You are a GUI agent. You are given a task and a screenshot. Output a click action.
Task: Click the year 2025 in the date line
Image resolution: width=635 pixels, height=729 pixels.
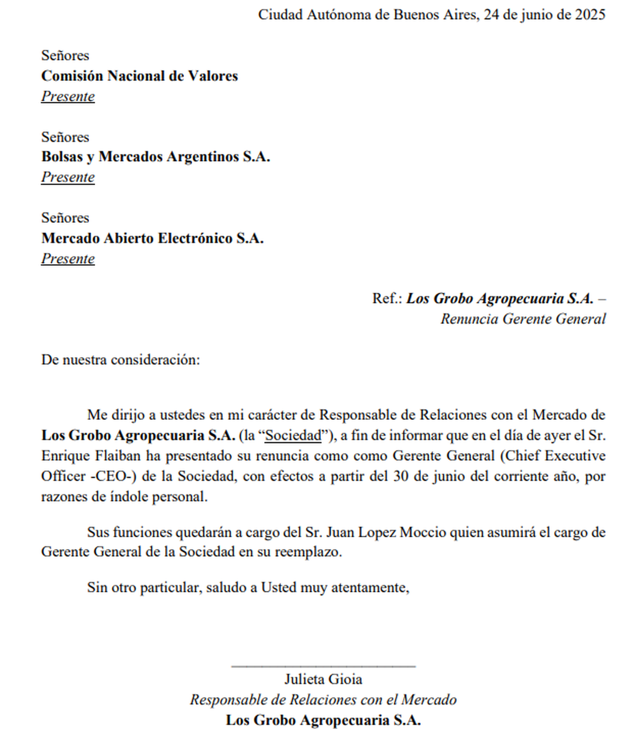click(590, 14)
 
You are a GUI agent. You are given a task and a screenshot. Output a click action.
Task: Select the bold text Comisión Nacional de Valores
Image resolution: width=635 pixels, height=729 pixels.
click(140, 76)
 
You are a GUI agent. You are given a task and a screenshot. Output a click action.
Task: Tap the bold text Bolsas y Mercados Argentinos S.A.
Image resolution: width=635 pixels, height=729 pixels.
click(156, 157)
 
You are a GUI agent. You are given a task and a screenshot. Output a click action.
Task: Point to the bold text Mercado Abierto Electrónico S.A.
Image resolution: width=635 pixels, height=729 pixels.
click(152, 238)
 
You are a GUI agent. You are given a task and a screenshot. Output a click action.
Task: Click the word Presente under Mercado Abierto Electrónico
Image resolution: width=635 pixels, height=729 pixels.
click(68, 258)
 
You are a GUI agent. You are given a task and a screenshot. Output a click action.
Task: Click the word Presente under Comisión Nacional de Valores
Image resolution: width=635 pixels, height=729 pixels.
click(68, 96)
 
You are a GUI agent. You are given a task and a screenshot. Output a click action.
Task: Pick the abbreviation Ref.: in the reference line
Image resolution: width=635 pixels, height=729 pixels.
click(387, 299)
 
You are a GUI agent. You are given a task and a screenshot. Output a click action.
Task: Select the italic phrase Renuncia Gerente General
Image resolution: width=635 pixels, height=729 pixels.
click(523, 319)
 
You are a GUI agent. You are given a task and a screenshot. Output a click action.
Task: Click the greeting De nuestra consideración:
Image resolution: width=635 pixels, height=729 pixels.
click(121, 360)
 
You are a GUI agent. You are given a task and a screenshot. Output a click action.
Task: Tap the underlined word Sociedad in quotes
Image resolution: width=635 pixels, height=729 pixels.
click(293, 436)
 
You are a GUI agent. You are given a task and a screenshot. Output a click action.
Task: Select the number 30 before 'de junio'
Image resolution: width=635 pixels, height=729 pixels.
click(401, 476)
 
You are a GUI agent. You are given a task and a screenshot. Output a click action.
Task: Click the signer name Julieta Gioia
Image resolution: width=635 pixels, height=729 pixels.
click(323, 679)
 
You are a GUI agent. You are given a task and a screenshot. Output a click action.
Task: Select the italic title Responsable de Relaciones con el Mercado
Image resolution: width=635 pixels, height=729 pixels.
click(323, 700)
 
